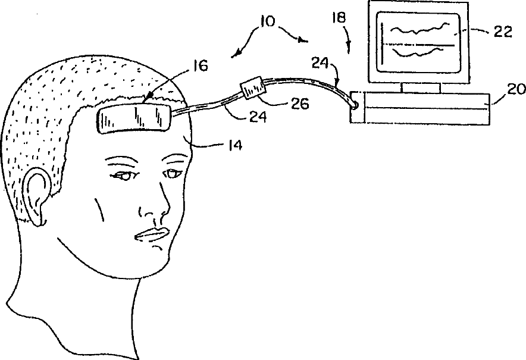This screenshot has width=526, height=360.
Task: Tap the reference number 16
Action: (x=200, y=65)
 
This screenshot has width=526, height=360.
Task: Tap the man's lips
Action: (x=151, y=234)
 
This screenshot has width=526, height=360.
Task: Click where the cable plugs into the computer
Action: (x=355, y=105)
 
